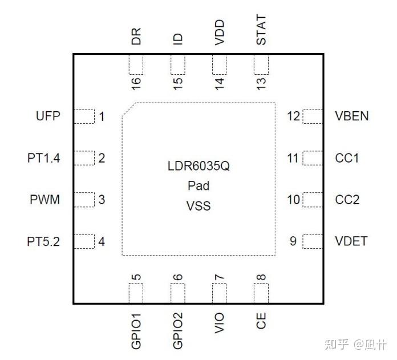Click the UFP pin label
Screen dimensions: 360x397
pos(48,116)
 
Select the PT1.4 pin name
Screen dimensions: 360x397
pos(43,158)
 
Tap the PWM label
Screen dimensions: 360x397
pos(45,200)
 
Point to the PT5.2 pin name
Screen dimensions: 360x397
pos(43,241)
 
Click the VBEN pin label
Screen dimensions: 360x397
pos(352,116)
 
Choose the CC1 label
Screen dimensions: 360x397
pos(347,158)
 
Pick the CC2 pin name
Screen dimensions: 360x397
pos(347,200)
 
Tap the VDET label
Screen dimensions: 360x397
pos(351,241)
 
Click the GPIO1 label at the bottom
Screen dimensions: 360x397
pos(136,330)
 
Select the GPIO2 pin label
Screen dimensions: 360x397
pos(178,330)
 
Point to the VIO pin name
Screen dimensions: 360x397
pos(220,323)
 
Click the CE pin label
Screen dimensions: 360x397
pos(261,321)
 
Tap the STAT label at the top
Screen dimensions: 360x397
pos(261,31)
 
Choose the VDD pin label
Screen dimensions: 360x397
pos(220,33)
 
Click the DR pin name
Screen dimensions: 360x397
pos(136,37)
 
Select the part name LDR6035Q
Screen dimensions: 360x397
pos(198,167)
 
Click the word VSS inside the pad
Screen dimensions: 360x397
pos(198,205)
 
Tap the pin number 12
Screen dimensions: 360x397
pos(293,116)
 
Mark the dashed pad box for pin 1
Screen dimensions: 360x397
pos(85,116)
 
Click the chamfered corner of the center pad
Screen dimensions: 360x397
pos(128,110)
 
